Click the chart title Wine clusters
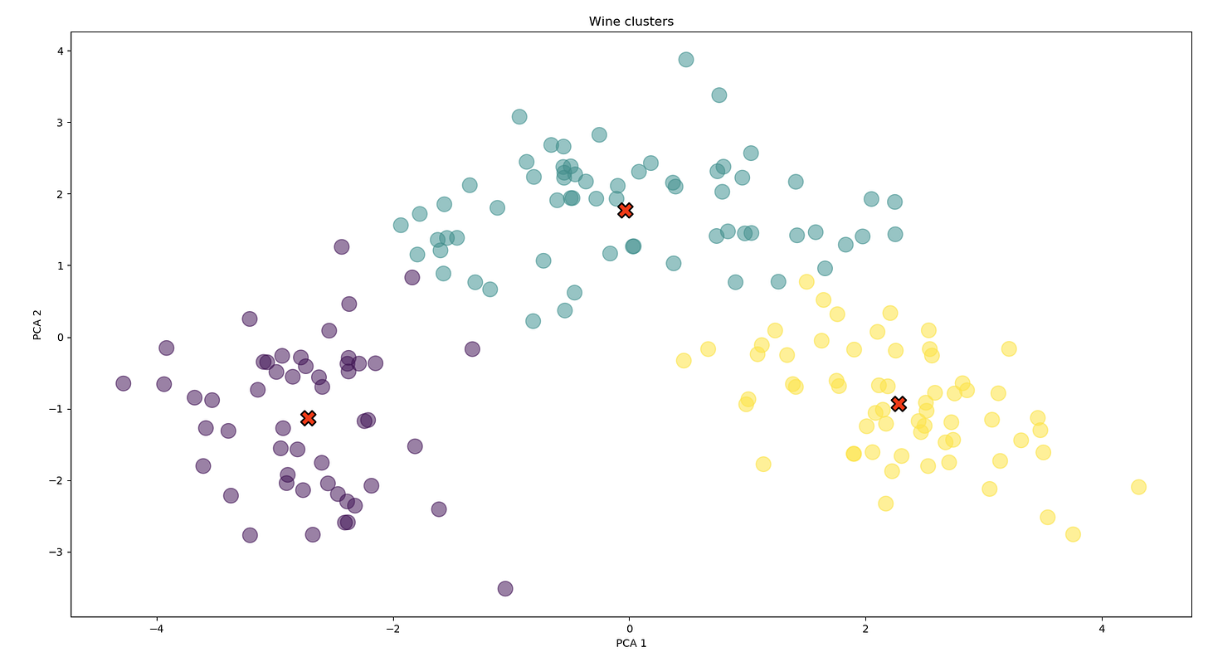(631, 22)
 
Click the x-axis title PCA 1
(631, 643)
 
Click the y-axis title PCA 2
(37, 324)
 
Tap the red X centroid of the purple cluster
(309, 418)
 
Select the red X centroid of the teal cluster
(626, 211)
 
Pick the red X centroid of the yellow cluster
(899, 404)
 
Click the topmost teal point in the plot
(686, 60)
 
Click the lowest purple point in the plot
(505, 589)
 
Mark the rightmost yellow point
(1138, 487)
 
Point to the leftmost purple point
(124, 383)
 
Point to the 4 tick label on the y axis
(60, 51)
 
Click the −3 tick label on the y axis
(56, 552)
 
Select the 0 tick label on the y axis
(60, 338)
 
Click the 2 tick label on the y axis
(60, 194)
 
